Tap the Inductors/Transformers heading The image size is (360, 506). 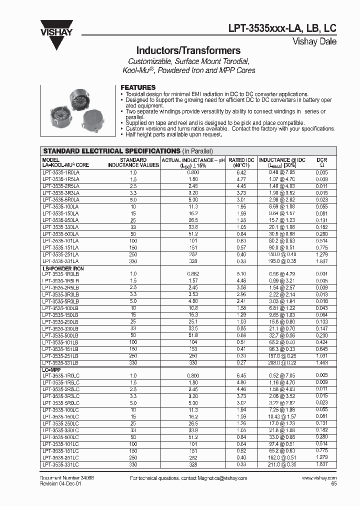click(x=188, y=50)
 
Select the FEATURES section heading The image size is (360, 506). click(x=138, y=87)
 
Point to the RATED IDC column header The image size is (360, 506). click(x=241, y=162)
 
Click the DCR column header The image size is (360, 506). click(x=322, y=162)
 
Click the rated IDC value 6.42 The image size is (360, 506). click(x=241, y=171)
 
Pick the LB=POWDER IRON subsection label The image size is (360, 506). click(x=63, y=269)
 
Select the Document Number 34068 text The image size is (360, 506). click(x=67, y=478)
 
